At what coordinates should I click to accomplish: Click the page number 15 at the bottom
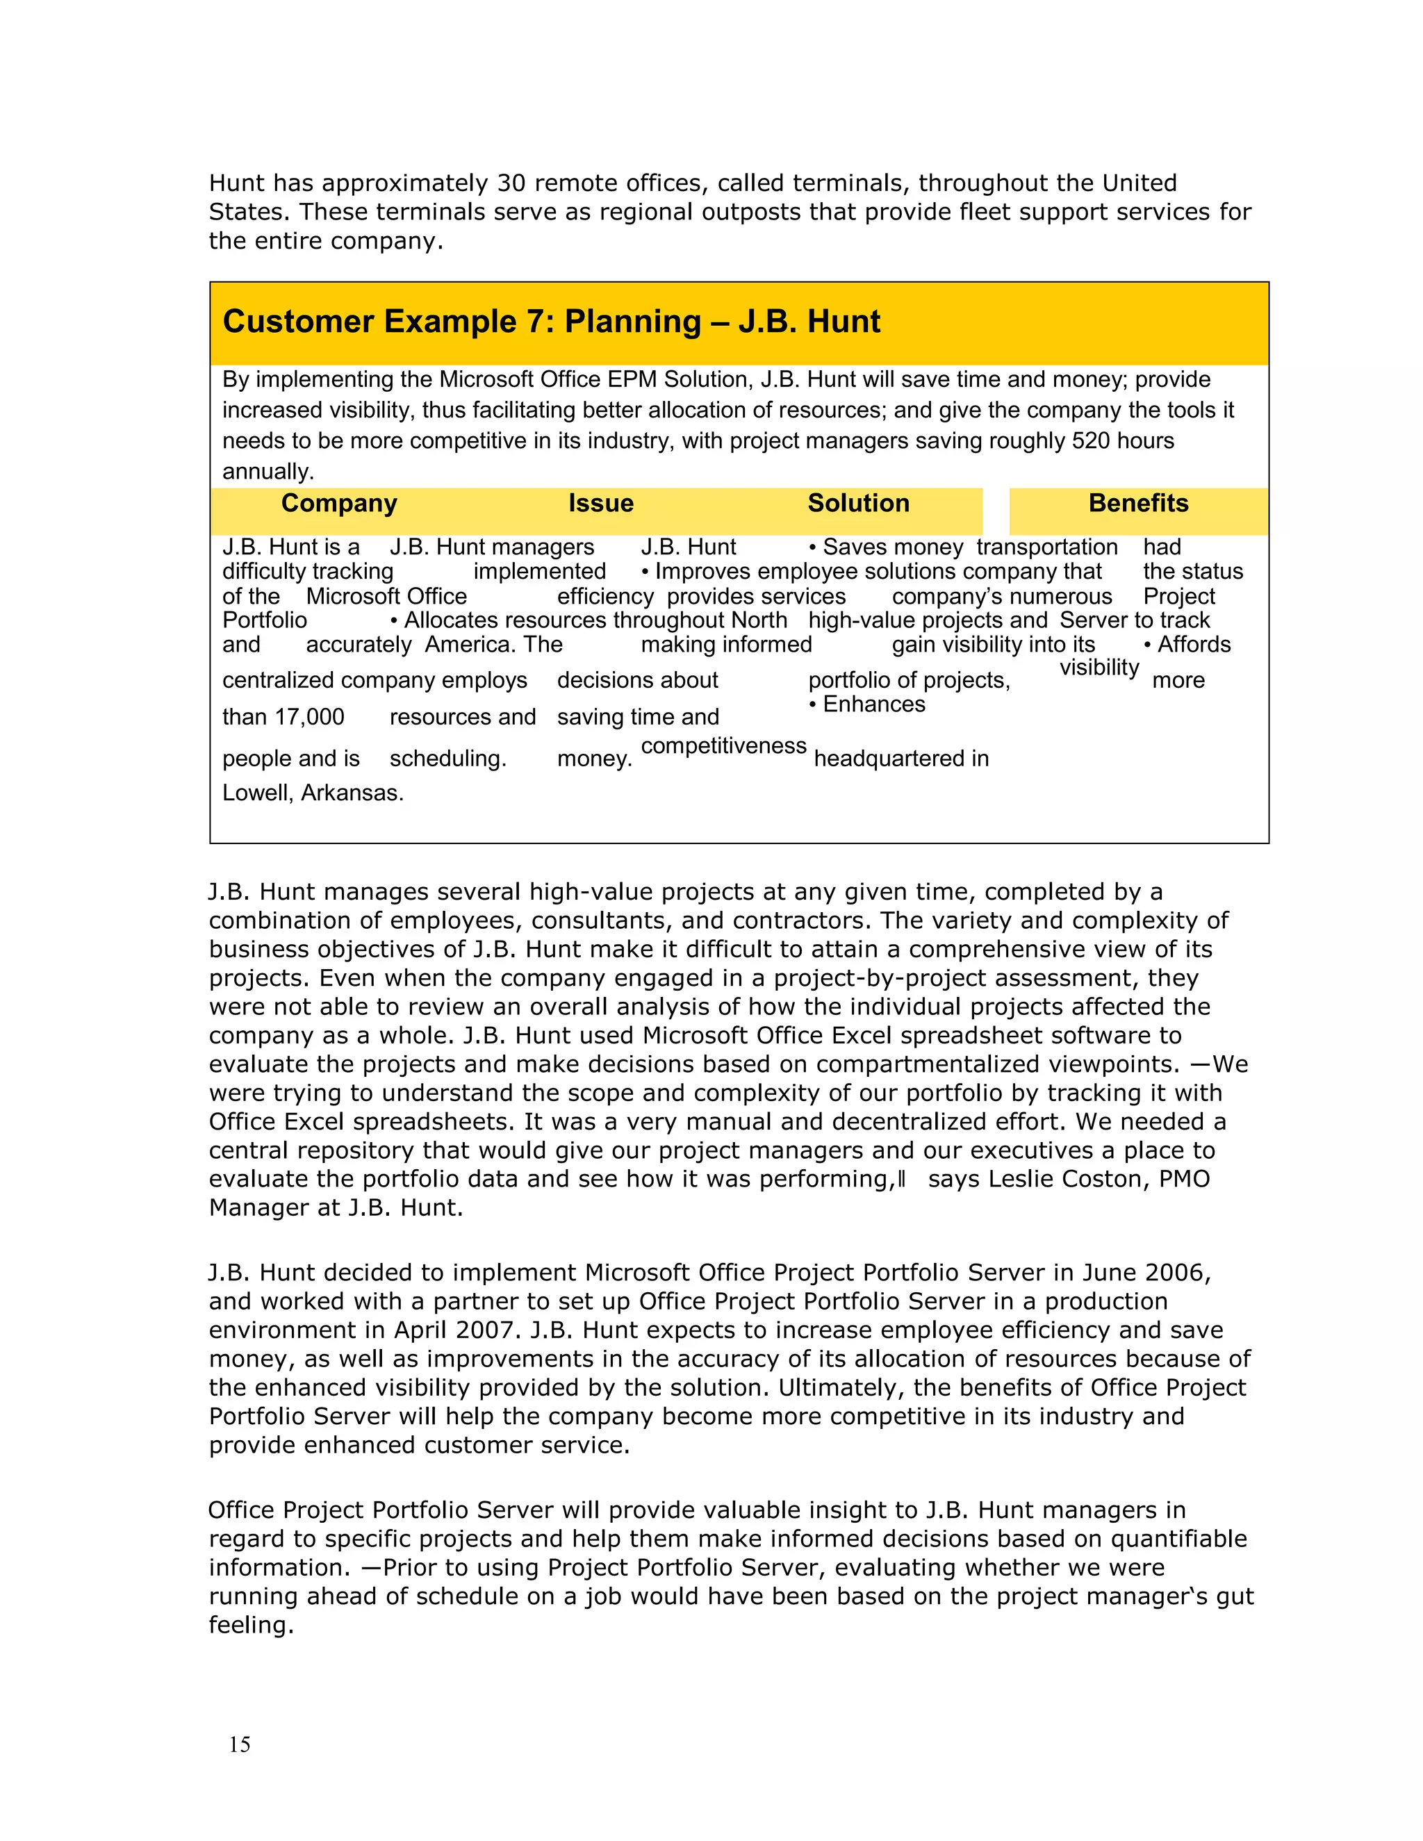(240, 1744)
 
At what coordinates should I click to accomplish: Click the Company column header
(339, 503)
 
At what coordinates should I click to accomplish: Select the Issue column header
(600, 503)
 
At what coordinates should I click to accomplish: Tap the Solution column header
(858, 503)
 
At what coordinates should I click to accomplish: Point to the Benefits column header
(1138, 503)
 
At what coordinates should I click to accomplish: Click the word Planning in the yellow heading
(632, 322)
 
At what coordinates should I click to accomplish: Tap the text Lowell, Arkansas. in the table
(313, 793)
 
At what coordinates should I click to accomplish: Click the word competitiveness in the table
(723, 746)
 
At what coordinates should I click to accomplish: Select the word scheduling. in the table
(447, 759)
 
